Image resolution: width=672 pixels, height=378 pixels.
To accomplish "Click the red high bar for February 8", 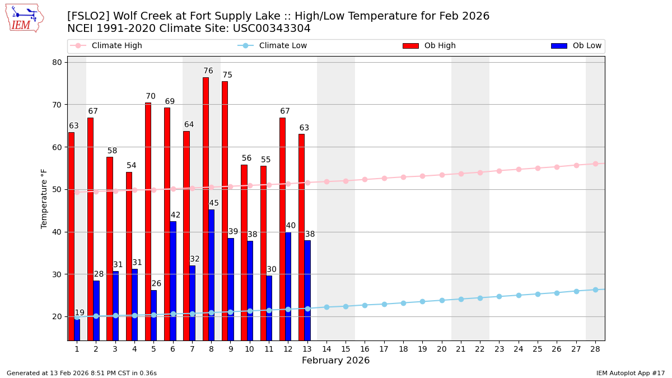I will tap(206, 208).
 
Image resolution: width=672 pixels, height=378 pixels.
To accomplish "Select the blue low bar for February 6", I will tap(173, 280).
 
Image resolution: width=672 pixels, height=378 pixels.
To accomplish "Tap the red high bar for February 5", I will tap(148, 221).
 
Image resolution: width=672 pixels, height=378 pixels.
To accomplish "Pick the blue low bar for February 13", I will tap(307, 290).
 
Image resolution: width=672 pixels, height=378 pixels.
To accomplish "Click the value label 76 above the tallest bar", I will tap(208, 71).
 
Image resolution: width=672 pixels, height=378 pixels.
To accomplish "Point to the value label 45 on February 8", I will tap(214, 203).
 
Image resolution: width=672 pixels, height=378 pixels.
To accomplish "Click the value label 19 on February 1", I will tap(80, 313).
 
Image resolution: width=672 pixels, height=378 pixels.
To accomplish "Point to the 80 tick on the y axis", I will tap(57, 62).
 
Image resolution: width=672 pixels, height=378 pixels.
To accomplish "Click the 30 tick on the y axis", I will tap(57, 274).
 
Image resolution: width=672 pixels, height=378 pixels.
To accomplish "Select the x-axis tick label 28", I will tap(595, 349).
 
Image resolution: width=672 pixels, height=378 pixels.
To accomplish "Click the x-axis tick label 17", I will tap(384, 349).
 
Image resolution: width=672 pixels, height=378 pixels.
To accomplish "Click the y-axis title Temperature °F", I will tap(44, 198).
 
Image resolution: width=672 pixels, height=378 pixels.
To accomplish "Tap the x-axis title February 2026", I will tap(336, 361).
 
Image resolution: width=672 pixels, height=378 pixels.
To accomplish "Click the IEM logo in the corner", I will tap(24, 18).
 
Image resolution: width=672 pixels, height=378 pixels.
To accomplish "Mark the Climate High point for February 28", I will tap(595, 164).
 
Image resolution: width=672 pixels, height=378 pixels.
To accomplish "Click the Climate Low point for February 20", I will tap(442, 300).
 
